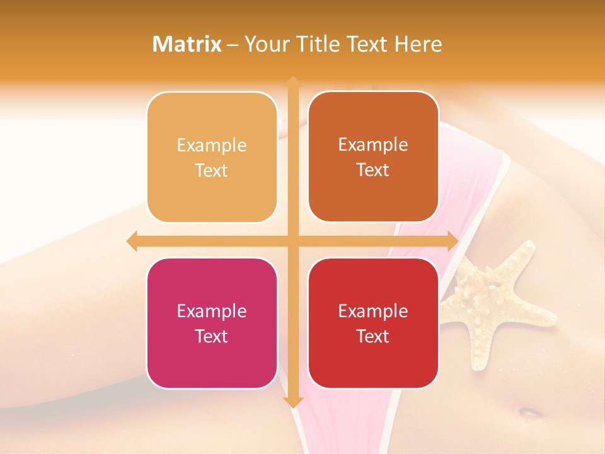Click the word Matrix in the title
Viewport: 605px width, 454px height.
[187, 44]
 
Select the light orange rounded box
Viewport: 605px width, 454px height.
[212, 157]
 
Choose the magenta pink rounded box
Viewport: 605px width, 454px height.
[212, 323]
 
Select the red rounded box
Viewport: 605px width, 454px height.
[373, 323]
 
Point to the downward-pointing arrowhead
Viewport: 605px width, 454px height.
[293, 402]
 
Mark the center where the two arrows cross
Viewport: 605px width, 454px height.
[293, 242]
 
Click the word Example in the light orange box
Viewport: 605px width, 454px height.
[212, 146]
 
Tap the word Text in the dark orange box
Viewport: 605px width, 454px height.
[373, 170]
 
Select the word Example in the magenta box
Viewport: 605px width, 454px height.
[212, 311]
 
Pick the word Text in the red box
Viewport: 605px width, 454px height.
[373, 336]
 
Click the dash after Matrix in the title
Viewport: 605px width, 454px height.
[233, 45]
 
